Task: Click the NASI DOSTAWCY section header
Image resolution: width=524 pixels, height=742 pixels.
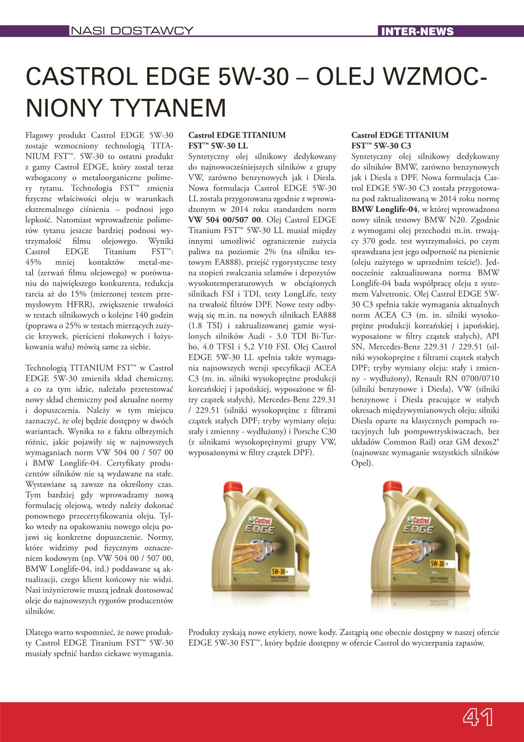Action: (132, 31)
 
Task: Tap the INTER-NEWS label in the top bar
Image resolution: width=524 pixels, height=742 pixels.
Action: (417, 31)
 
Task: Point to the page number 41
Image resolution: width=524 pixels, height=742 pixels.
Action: (478, 717)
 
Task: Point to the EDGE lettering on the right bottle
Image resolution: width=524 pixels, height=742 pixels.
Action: (418, 529)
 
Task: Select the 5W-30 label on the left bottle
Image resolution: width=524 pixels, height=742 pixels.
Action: (279, 572)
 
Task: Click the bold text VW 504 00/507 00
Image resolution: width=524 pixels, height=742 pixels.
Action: (225, 220)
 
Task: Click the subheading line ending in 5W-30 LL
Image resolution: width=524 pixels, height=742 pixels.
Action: (218, 146)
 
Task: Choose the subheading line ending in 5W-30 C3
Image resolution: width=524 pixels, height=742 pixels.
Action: (381, 146)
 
